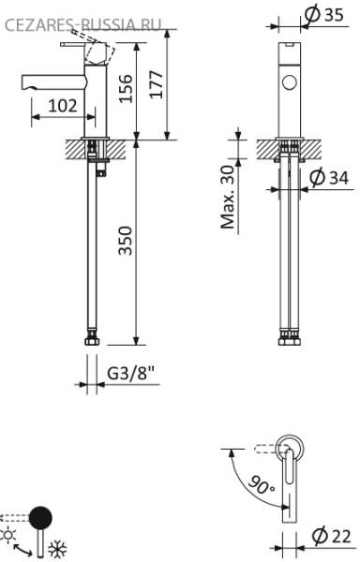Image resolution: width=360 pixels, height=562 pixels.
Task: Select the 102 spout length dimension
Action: click(62, 107)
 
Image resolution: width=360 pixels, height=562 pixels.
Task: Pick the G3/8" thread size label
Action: click(129, 373)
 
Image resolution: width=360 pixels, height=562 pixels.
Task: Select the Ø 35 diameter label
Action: click(324, 14)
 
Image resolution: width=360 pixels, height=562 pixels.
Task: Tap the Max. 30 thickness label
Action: click(228, 198)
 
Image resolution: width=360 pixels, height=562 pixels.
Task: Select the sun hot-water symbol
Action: click(10, 533)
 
